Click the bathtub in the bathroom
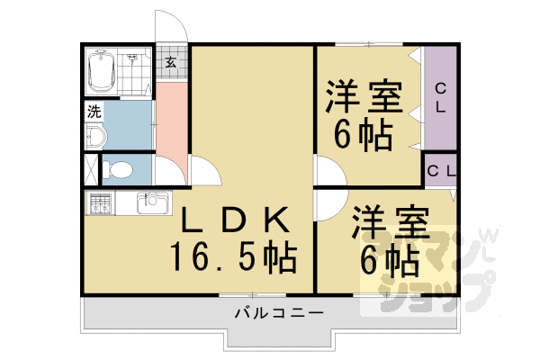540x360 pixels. pyautogui.click(x=101, y=70)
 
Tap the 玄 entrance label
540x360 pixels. pyautogui.click(x=169, y=62)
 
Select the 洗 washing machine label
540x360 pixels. pyautogui.click(x=93, y=113)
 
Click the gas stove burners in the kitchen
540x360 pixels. pyautogui.click(x=99, y=204)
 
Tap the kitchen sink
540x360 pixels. pyautogui.click(x=150, y=204)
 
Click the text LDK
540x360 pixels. pyautogui.click(x=232, y=220)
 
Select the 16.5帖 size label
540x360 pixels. pyautogui.click(x=235, y=257)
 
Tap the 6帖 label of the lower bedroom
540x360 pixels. pyautogui.click(x=389, y=260)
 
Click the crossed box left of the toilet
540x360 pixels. pyautogui.click(x=91, y=169)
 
